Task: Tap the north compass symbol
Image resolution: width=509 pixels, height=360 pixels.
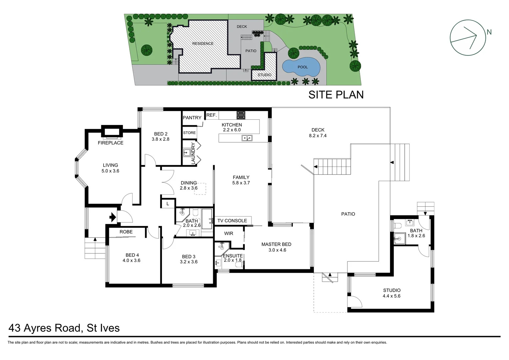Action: (x=468, y=37)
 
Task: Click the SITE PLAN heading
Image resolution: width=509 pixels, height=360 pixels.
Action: (x=336, y=95)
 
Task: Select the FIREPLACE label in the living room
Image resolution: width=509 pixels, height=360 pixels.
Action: (x=111, y=143)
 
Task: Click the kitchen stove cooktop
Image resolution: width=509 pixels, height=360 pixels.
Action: (x=241, y=115)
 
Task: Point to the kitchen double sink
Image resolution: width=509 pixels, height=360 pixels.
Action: (x=247, y=138)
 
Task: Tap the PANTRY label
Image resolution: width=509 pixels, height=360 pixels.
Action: (x=192, y=118)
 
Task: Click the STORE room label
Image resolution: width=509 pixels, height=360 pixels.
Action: (x=189, y=133)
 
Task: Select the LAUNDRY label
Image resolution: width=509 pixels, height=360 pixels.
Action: (x=193, y=153)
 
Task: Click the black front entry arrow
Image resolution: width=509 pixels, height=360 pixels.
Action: (x=112, y=217)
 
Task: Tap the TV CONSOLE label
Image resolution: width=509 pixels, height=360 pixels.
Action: (x=232, y=221)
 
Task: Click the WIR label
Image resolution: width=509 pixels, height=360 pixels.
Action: (x=229, y=233)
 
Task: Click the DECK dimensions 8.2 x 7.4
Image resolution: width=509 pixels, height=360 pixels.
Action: (x=318, y=136)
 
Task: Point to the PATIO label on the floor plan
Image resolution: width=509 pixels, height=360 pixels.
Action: (x=348, y=214)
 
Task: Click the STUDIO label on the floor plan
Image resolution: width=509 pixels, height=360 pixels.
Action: (x=392, y=290)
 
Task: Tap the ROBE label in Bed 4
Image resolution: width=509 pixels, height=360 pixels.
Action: (x=126, y=232)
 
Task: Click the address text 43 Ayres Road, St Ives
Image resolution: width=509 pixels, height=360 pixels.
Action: (x=64, y=328)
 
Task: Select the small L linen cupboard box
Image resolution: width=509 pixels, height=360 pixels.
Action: (x=168, y=204)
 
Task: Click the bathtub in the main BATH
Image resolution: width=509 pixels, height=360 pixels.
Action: (x=207, y=219)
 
